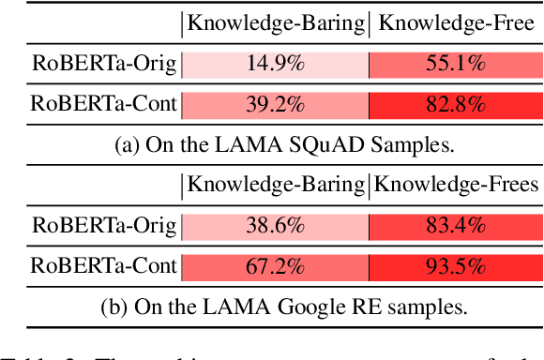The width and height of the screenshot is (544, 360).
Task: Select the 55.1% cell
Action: pyautogui.click(x=454, y=65)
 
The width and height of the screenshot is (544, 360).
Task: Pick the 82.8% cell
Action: pyautogui.click(x=454, y=104)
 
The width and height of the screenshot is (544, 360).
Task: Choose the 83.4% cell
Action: pyautogui.click(x=454, y=225)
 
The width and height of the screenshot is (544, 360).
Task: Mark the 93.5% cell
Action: pyautogui.click(x=454, y=264)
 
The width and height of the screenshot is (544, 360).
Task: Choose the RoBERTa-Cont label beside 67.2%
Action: pyautogui.click(x=103, y=264)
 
